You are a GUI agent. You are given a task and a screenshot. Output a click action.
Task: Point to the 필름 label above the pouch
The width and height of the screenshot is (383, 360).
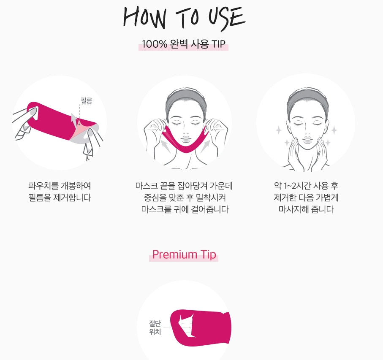[86, 101]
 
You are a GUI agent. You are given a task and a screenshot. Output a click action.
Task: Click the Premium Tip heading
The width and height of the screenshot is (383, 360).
[184, 254]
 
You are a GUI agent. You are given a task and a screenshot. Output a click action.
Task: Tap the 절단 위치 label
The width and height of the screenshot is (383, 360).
[155, 328]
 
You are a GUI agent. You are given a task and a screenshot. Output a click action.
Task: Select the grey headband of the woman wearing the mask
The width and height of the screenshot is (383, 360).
[184, 98]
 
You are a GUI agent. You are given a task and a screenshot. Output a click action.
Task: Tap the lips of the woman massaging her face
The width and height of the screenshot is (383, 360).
[306, 139]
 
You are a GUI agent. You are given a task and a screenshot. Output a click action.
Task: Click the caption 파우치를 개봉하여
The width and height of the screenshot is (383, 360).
[60, 186]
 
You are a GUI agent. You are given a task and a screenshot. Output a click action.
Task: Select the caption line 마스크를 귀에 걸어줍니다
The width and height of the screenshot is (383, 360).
[185, 209]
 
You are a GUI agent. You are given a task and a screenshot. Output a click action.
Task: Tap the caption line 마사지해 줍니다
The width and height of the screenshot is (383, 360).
[306, 209]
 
